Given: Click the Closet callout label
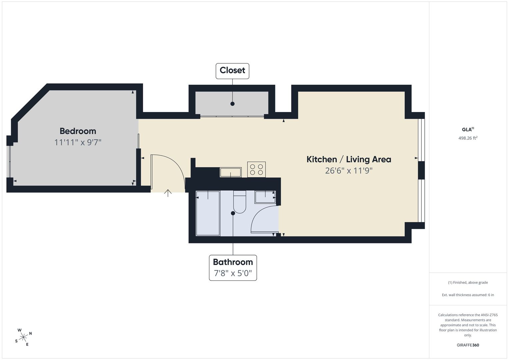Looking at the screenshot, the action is (x=232, y=71).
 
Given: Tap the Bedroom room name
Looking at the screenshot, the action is (x=78, y=131).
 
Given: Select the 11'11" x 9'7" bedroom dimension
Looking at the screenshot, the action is (x=78, y=143).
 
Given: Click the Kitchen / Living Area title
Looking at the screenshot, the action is (x=349, y=159).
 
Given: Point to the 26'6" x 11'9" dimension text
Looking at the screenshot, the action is (x=349, y=170).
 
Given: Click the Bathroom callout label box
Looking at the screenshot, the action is (x=233, y=268).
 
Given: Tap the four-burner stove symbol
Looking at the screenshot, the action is (x=257, y=170).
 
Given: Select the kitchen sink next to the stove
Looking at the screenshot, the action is (x=231, y=172).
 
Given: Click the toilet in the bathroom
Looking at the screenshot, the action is (x=240, y=202).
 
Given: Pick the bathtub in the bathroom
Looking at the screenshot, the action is (x=208, y=213).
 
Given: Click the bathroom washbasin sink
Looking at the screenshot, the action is (x=265, y=197).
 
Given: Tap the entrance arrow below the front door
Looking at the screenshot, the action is (x=168, y=193).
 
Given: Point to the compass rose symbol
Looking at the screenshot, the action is (x=23, y=337).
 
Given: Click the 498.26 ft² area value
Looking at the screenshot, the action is (x=468, y=138).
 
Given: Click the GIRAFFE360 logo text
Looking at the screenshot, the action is (x=468, y=345).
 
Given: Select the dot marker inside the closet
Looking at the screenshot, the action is (x=232, y=104).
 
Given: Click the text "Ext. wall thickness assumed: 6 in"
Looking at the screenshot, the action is (x=468, y=295).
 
